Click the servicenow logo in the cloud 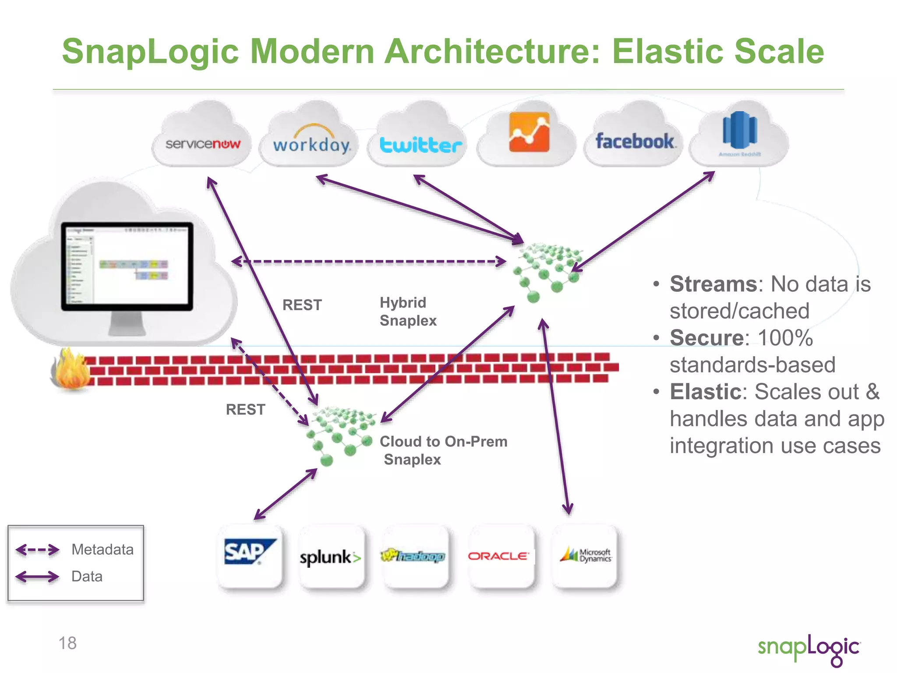[x=203, y=144]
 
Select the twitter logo [x=420, y=145]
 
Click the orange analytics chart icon [x=529, y=132]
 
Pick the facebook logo [x=635, y=142]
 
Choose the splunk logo [x=330, y=557]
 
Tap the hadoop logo [x=413, y=556]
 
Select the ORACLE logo [x=498, y=556]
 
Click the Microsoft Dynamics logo [x=586, y=555]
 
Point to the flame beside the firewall [x=70, y=369]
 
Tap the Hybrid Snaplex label [x=408, y=312]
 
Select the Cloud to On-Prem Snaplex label [x=443, y=450]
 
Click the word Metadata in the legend [x=102, y=549]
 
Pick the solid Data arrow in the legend [x=37, y=577]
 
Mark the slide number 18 [x=67, y=643]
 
